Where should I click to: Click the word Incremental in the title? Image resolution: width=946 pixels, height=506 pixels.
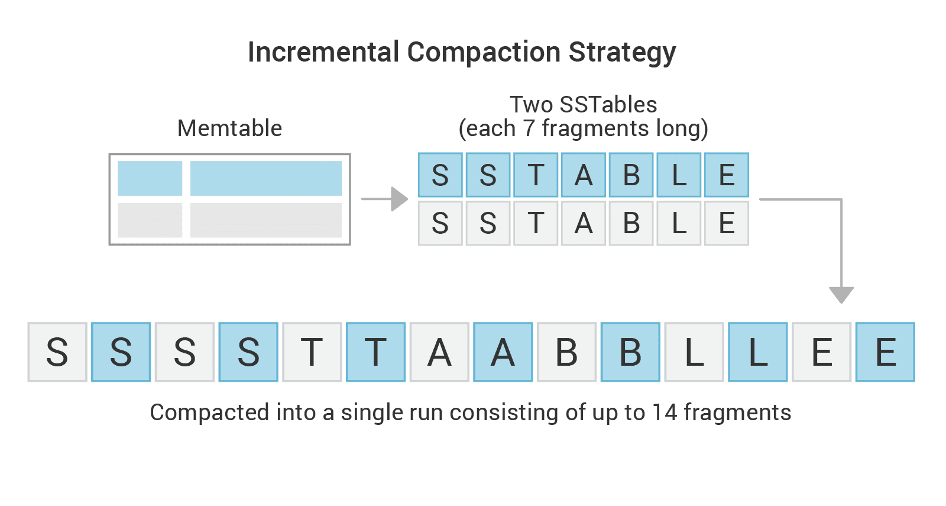click(x=323, y=52)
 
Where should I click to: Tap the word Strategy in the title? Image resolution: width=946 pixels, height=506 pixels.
click(x=622, y=53)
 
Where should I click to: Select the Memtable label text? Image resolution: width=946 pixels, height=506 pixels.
click(x=229, y=128)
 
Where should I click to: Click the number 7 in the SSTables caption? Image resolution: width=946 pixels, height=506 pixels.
click(x=529, y=128)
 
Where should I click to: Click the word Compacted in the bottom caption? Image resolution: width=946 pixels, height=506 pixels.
click(x=209, y=413)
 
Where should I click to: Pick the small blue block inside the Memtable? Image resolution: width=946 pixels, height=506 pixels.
click(x=150, y=178)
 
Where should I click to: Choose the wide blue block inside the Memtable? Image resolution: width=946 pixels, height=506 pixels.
click(x=266, y=178)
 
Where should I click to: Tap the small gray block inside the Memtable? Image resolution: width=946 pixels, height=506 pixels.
click(x=150, y=220)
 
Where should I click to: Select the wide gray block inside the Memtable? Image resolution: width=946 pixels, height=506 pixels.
click(x=266, y=220)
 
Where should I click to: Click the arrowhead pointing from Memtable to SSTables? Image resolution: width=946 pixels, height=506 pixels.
click(x=399, y=199)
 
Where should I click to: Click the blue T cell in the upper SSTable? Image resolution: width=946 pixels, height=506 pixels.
click(x=536, y=175)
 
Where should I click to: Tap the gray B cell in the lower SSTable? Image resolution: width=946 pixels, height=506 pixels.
click(x=631, y=223)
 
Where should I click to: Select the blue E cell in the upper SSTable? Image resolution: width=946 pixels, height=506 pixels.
click(x=727, y=175)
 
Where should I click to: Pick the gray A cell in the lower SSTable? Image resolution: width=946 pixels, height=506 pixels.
click(x=583, y=223)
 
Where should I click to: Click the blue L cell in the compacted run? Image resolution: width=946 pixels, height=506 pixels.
click(x=757, y=352)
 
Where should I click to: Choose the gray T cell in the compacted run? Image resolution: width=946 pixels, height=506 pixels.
click(x=312, y=352)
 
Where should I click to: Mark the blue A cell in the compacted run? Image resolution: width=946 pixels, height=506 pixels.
click(x=503, y=352)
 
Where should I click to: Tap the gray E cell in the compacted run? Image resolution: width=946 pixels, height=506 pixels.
click(x=821, y=352)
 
